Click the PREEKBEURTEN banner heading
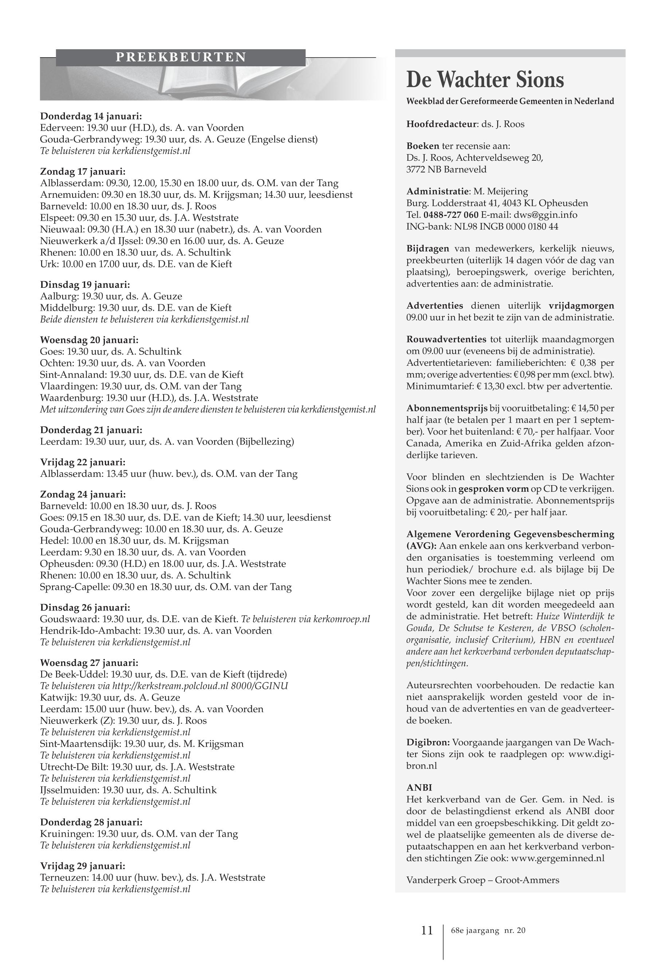(181, 57)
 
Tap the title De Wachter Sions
(485, 79)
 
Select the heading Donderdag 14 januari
(91, 116)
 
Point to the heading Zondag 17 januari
(83, 172)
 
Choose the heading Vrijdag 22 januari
(83, 462)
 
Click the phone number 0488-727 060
(451, 215)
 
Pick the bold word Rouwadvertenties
(446, 340)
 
